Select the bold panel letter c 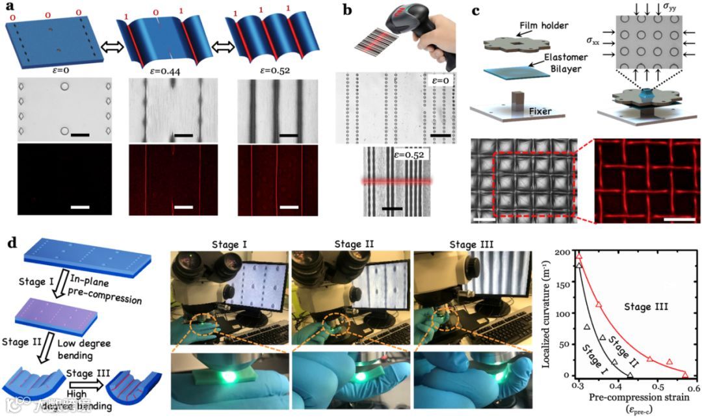pyautogui.click(x=476, y=9)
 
